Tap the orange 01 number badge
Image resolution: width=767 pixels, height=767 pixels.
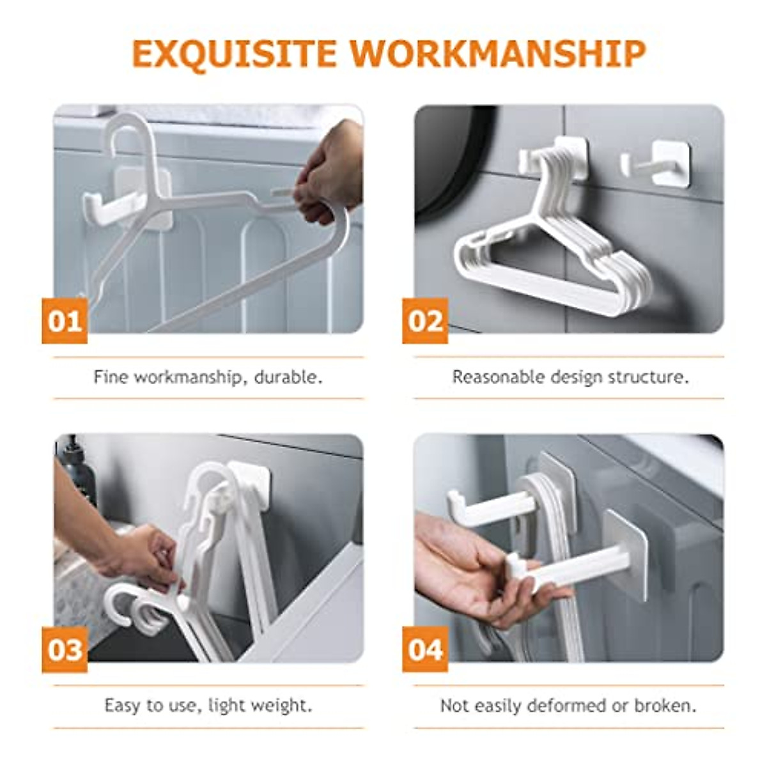65,321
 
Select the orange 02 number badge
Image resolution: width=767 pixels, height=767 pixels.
425,321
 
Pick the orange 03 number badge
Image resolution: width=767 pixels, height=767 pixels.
65,649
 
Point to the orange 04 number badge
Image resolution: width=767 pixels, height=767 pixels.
425,649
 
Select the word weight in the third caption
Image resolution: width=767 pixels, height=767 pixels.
282,706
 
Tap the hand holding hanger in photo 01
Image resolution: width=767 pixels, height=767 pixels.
329,173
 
